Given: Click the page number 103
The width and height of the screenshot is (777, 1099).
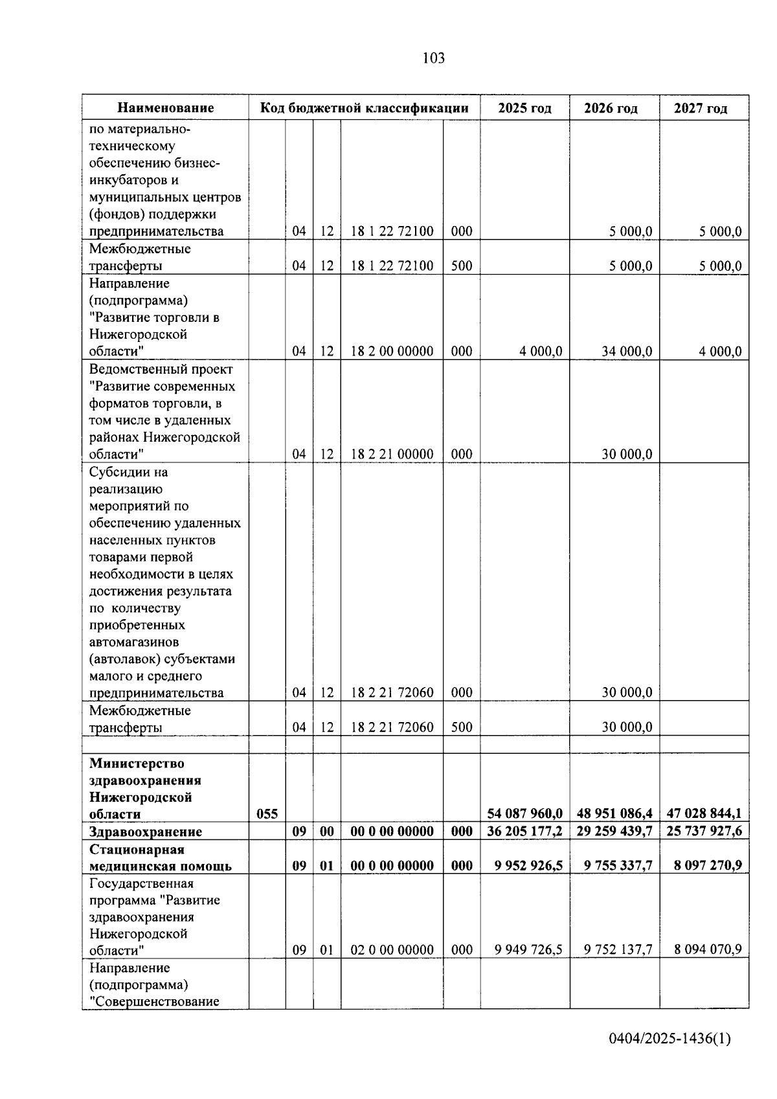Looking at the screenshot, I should click(433, 58).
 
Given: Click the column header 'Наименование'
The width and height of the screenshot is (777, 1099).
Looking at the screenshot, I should click(166, 108).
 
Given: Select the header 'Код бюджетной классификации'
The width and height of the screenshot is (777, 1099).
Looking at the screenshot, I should click(364, 108).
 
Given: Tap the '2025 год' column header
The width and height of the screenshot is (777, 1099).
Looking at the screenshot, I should click(524, 108).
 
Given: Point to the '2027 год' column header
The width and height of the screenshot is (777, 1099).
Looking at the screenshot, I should click(704, 108).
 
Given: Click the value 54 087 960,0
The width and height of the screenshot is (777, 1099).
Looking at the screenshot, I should click(524, 813).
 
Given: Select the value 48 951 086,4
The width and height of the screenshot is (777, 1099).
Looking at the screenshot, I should click(614, 813).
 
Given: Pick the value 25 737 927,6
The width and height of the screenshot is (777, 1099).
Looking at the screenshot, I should click(704, 831).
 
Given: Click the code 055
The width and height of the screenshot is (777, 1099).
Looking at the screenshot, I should click(267, 814).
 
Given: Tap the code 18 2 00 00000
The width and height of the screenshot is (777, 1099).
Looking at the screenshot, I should click(392, 351).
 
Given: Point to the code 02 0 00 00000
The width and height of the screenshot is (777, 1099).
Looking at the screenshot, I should click(392, 949).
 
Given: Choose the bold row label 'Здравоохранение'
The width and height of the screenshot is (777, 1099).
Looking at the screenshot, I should click(146, 832).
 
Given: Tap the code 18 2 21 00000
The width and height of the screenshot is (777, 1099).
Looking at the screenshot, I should click(392, 454).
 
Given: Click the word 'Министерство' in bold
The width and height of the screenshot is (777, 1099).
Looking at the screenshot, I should click(137, 764).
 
